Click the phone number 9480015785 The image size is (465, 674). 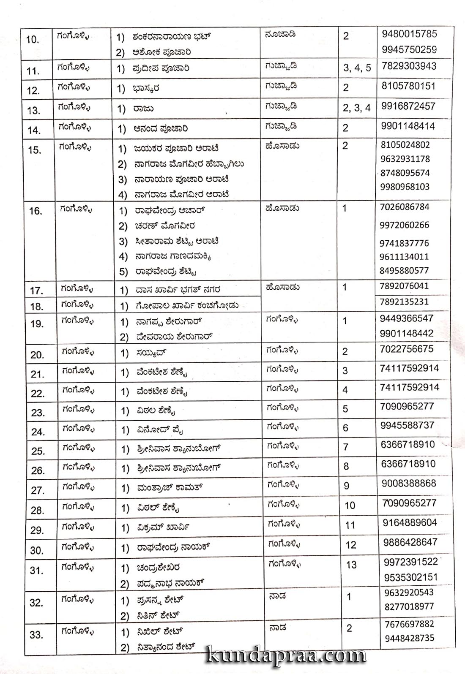409,34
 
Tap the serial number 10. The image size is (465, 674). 33,40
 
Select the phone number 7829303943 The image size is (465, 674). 409,66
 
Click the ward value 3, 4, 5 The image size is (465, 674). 357,68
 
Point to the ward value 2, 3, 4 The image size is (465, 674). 357,108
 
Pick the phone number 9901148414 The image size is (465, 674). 408,126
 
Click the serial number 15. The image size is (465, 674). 35,150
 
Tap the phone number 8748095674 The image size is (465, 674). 405,173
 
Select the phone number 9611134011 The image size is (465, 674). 405,256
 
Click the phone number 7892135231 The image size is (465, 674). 404,302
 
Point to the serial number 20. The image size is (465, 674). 37,355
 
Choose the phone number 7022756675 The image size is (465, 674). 407,349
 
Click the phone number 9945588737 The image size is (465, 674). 408,425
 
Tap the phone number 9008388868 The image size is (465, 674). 409,483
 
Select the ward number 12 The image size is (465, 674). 351,545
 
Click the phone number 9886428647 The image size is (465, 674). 410,542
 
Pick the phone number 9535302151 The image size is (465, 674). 411,577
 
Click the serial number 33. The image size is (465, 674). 36,634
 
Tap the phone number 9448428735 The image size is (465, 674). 409,638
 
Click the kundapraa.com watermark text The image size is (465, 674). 287,655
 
